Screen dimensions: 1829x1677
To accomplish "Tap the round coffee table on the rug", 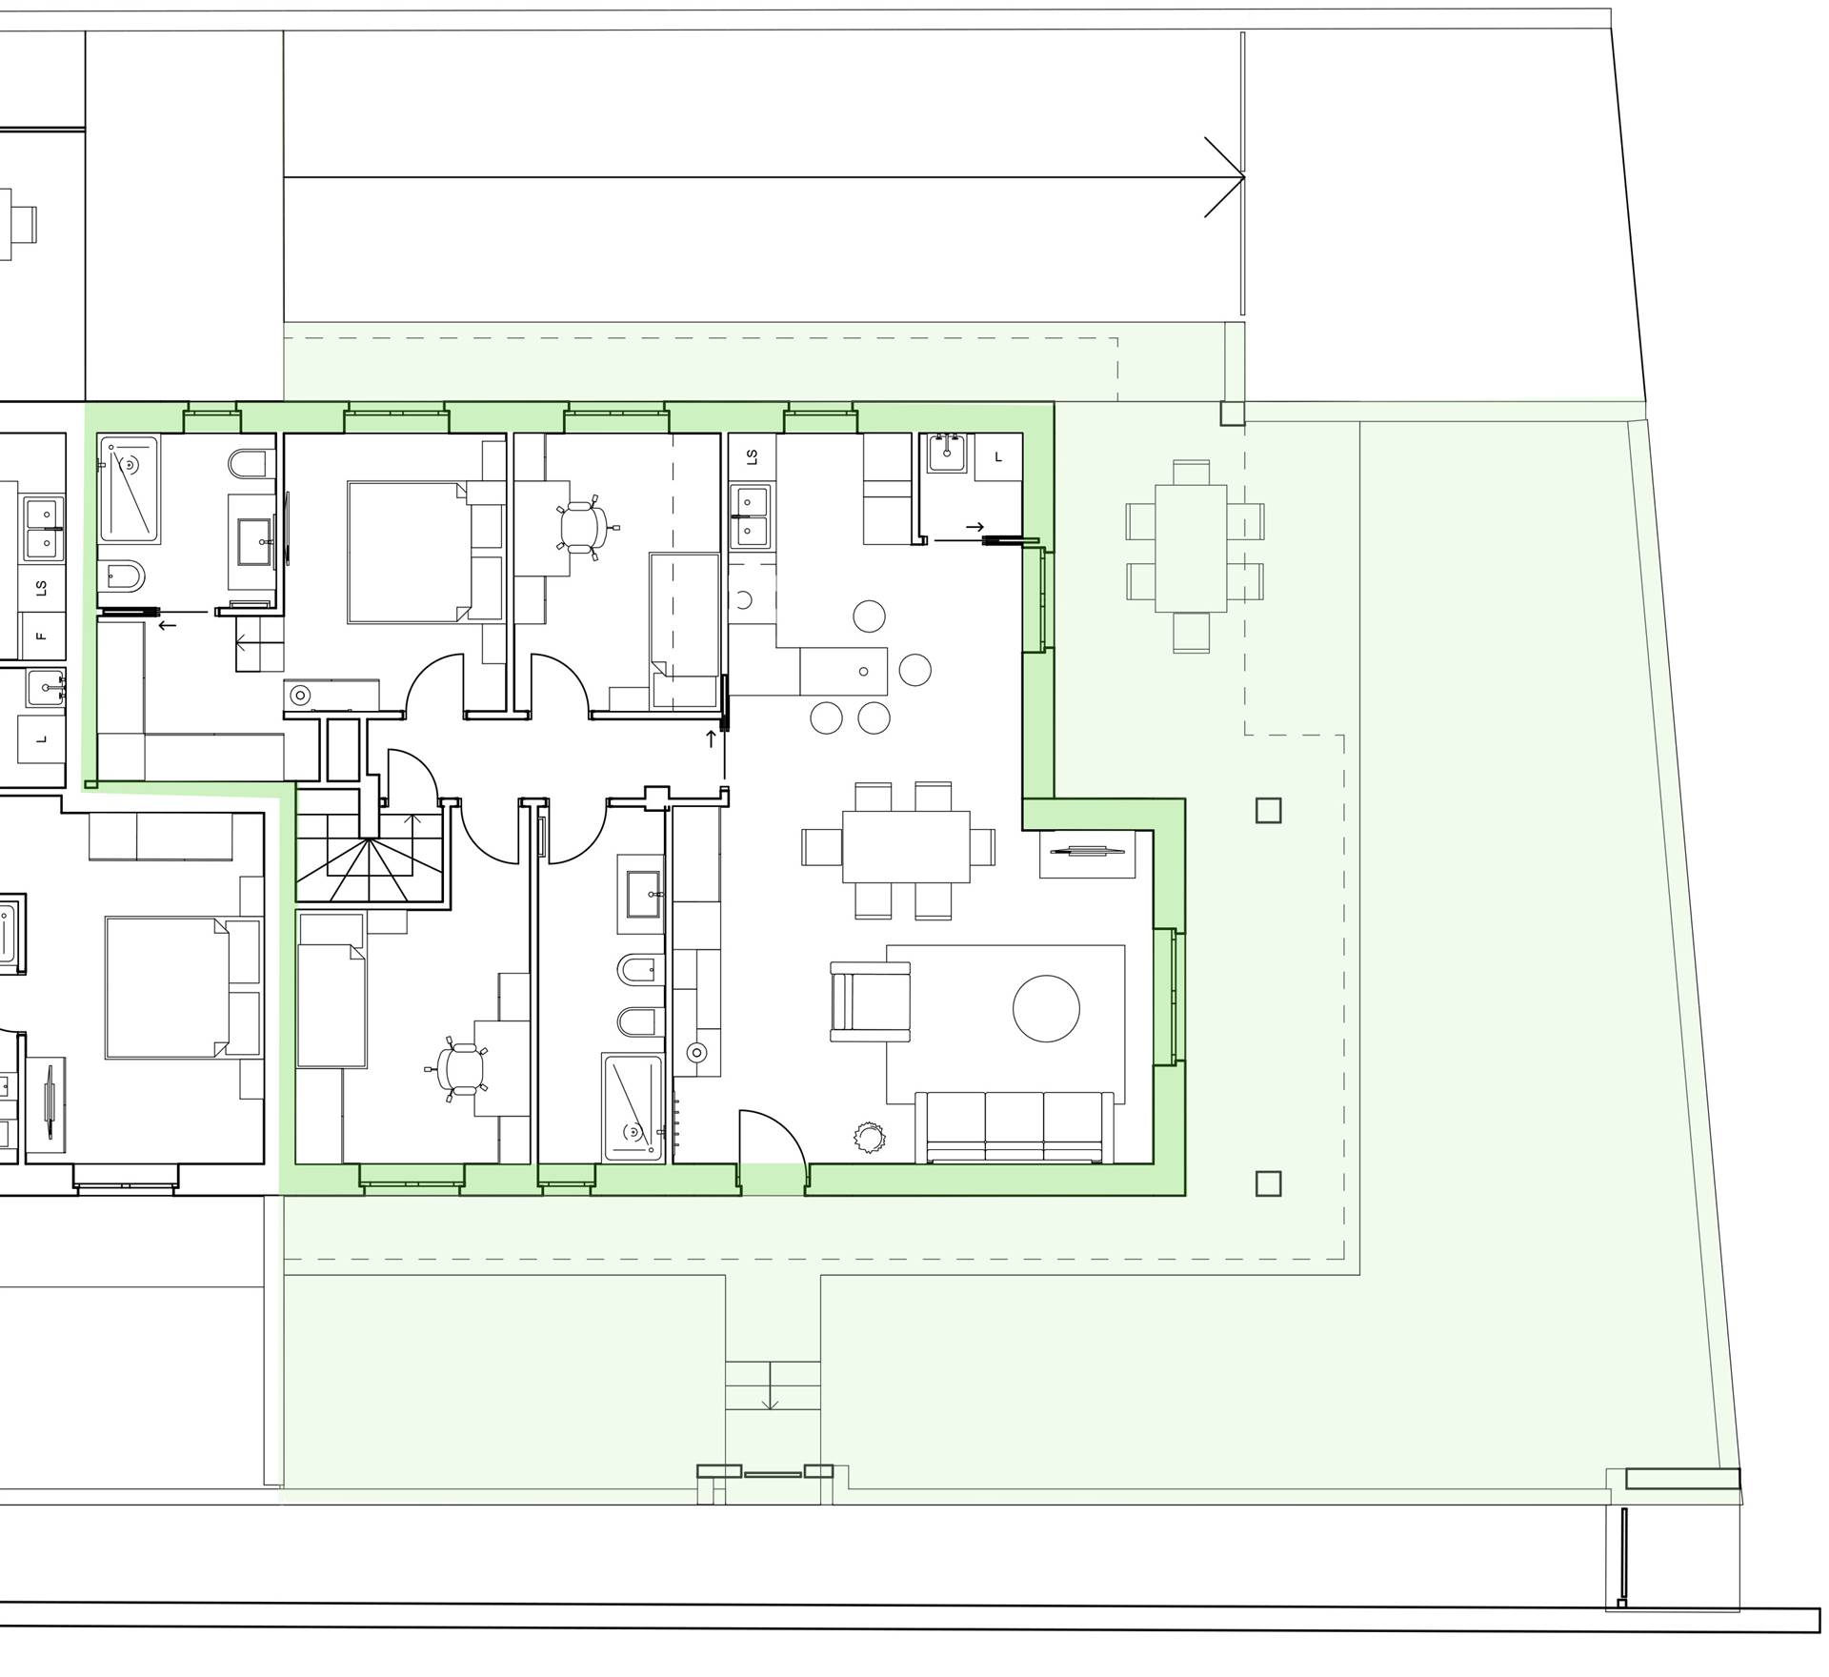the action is pos(1046,1009).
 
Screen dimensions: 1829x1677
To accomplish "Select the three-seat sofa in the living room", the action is pos(1014,1126).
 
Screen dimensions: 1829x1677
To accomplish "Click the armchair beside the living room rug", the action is pos(870,1001).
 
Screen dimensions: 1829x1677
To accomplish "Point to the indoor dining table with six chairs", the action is pos(906,847).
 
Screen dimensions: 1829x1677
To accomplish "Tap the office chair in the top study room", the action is pos(582,525).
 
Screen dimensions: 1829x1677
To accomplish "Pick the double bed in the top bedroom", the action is pos(408,553).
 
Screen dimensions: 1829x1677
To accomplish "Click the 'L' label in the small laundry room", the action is pos(998,457).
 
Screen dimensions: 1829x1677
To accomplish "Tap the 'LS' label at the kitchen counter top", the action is pos(752,457).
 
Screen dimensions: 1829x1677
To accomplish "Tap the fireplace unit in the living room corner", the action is pos(1087,853).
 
